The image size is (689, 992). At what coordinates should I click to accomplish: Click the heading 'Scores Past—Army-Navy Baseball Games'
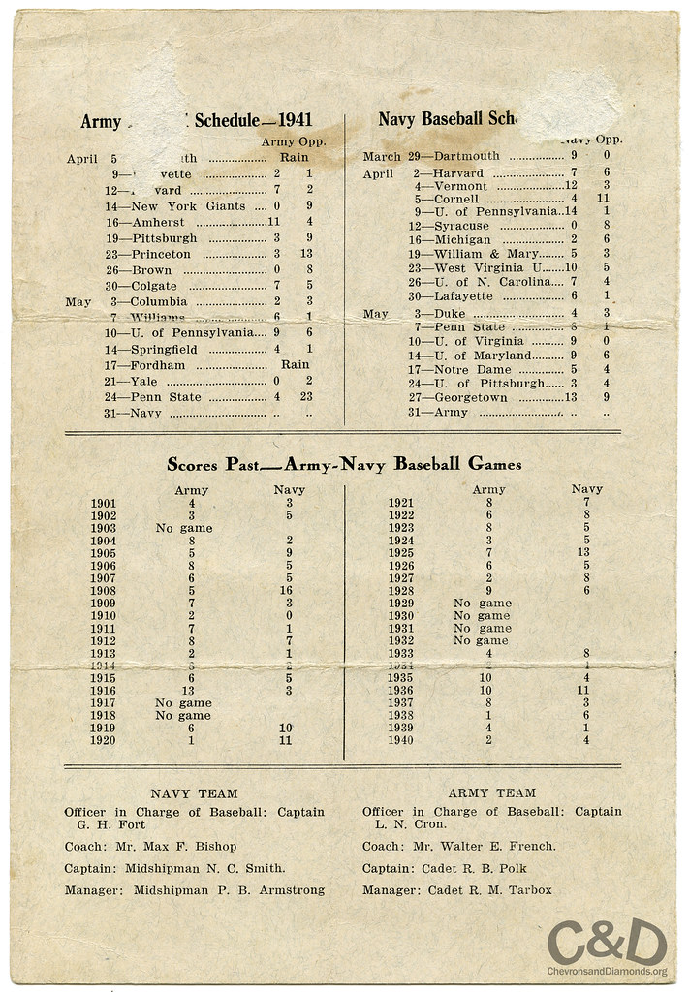(x=344, y=464)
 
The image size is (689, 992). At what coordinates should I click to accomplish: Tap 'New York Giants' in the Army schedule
(x=190, y=206)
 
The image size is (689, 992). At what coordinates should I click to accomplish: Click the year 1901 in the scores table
(x=104, y=504)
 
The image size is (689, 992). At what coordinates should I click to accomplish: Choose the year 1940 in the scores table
(x=400, y=740)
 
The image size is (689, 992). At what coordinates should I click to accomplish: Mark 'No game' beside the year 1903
(x=183, y=528)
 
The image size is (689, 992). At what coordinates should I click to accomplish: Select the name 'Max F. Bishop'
(x=196, y=846)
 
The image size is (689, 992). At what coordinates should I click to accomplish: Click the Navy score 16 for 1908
(x=289, y=590)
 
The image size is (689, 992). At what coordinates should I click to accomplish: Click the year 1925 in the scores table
(x=400, y=552)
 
